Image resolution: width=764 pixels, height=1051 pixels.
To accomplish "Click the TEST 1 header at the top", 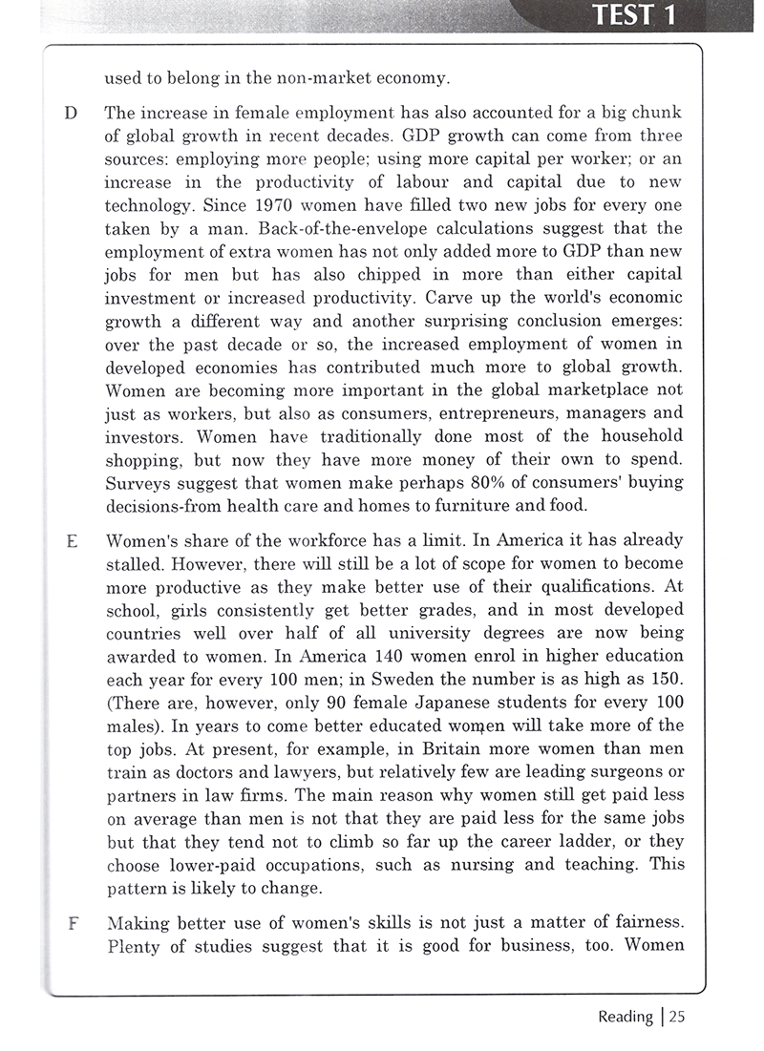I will pyautogui.click(x=637, y=15).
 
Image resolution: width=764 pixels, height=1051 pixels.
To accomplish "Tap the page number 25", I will pyautogui.click(x=676, y=1017).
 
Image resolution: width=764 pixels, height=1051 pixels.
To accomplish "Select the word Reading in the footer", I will pyautogui.click(x=626, y=1017).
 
